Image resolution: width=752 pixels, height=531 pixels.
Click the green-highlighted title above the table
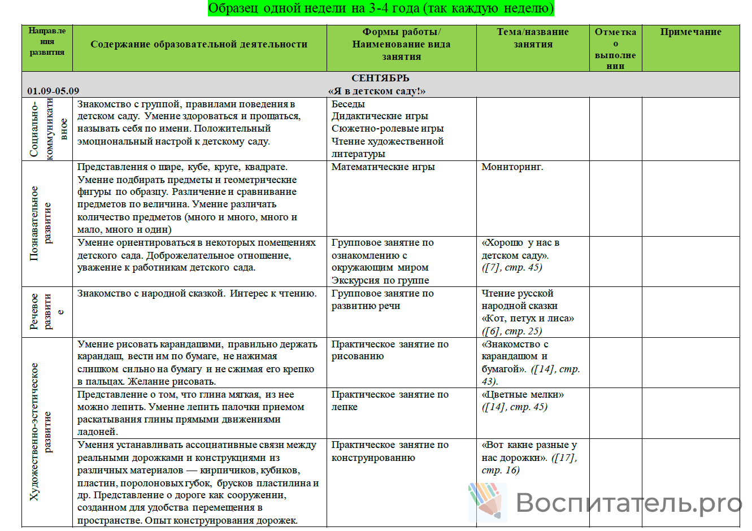coord(381,8)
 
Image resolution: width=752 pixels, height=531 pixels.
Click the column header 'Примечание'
coord(690,32)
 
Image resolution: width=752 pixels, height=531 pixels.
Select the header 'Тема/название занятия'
coord(533,38)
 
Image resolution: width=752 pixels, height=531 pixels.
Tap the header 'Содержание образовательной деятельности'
coord(199,44)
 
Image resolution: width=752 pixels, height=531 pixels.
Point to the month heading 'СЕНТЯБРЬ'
coord(380,79)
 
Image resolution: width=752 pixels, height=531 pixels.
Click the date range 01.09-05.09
coord(53,91)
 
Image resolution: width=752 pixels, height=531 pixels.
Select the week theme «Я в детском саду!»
coord(377,91)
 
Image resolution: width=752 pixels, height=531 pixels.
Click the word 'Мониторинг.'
coord(512,167)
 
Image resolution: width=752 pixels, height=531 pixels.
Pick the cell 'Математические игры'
coord(383,167)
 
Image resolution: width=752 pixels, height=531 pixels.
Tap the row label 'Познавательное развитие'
coord(41,223)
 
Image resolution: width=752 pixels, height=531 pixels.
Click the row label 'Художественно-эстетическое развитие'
coord(41,432)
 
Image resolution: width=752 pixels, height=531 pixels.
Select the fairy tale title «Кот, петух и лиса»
coord(528,319)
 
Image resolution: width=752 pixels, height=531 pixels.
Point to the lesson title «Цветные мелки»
coord(523,395)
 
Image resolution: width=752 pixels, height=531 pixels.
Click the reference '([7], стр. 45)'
coord(511,268)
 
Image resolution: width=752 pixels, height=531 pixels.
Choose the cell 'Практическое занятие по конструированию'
coord(390,451)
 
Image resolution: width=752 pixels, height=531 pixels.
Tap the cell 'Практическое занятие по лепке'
coord(390,401)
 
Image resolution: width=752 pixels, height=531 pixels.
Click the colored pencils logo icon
coord(486,500)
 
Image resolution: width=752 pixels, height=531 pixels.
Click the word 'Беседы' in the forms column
coord(348,105)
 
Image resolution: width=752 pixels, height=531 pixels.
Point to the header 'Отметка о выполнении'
coord(615,49)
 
